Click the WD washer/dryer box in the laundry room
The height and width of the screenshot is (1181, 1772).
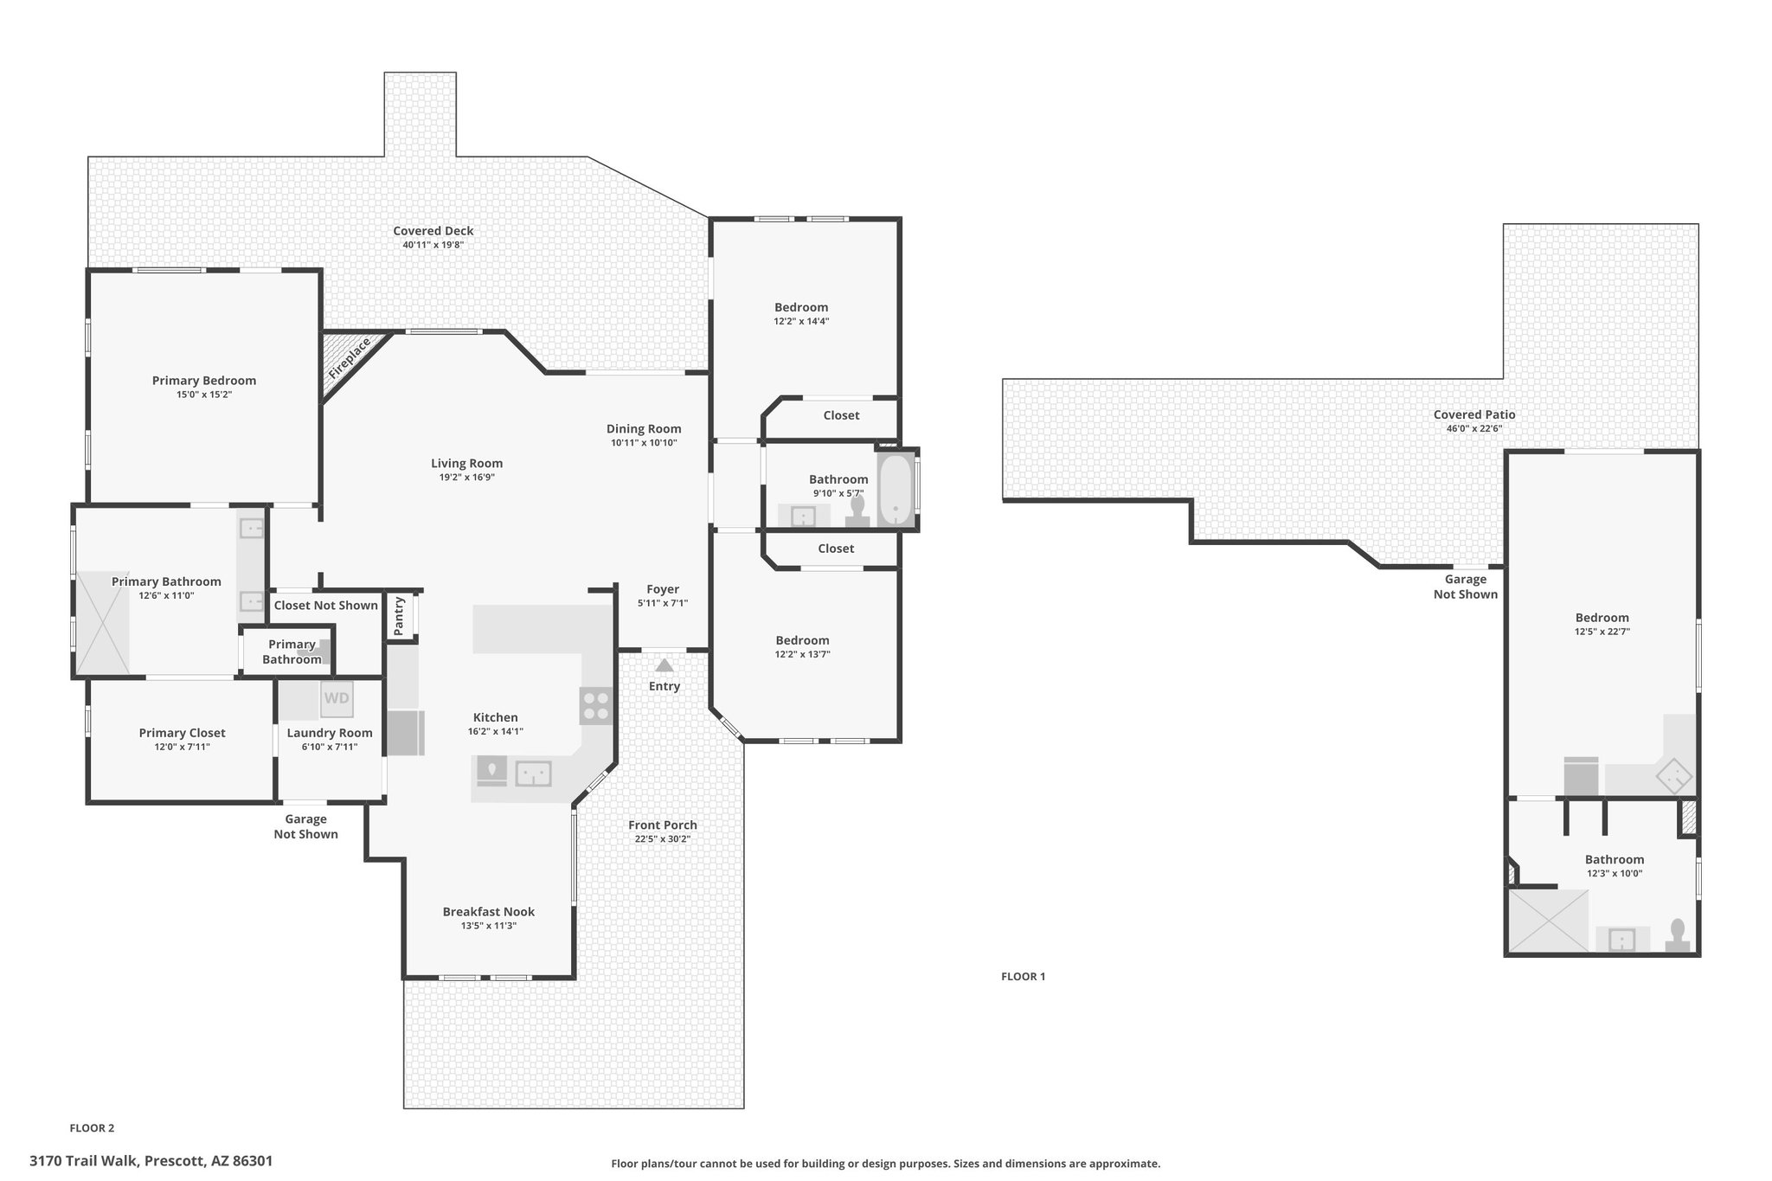pyautogui.click(x=337, y=699)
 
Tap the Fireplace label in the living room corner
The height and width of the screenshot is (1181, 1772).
pyautogui.click(x=350, y=358)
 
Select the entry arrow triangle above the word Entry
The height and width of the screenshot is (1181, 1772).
pyautogui.click(x=664, y=665)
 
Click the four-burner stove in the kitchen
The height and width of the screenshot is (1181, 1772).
pyautogui.click(x=595, y=705)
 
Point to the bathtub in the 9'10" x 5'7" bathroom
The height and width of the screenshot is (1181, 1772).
pyautogui.click(x=896, y=490)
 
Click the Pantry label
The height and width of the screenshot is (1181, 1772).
pyautogui.click(x=399, y=616)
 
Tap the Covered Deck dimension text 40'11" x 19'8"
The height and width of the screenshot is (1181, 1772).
pyautogui.click(x=433, y=245)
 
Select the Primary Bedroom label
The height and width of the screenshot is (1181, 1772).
pyautogui.click(x=204, y=381)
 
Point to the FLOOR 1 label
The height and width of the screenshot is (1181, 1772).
pyautogui.click(x=1023, y=977)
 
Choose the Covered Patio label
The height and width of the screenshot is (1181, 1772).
pyautogui.click(x=1474, y=414)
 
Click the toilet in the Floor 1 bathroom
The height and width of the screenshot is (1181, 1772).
pyautogui.click(x=1678, y=936)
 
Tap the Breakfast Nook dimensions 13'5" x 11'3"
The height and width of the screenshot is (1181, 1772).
pyautogui.click(x=489, y=926)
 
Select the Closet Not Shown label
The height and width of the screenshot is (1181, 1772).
pyautogui.click(x=326, y=606)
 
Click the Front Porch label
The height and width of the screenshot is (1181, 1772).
pyautogui.click(x=663, y=825)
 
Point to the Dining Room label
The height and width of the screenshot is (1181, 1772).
pyautogui.click(x=644, y=429)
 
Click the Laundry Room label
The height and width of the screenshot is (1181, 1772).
pyautogui.click(x=330, y=733)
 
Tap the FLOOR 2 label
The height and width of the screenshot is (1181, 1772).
pyautogui.click(x=92, y=1128)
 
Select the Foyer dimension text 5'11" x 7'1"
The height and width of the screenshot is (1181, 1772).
pyautogui.click(x=663, y=603)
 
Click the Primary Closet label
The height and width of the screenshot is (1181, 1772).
pyautogui.click(x=183, y=734)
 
